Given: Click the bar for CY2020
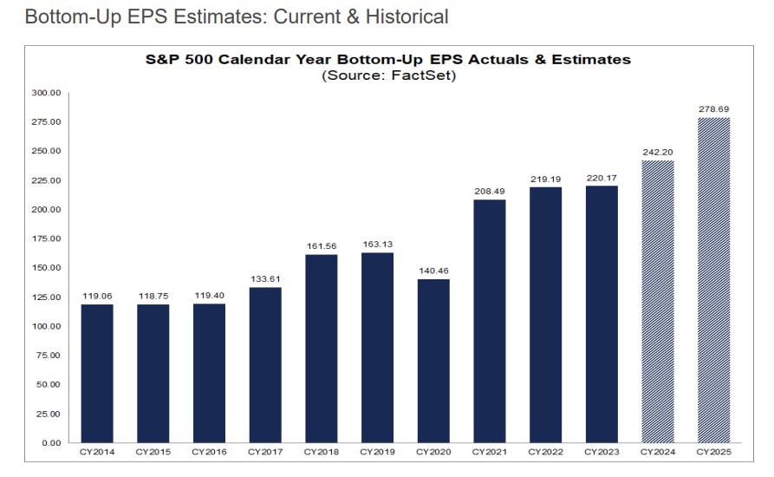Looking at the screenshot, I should [x=433, y=360].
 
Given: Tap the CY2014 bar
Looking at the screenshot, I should [x=97, y=373].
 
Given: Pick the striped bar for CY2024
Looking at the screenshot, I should [x=658, y=301].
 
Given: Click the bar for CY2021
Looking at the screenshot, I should [x=489, y=321].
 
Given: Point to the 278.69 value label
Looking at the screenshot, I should [x=713, y=109].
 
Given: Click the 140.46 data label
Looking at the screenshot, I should [x=433, y=271].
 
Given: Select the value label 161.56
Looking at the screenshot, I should [x=321, y=245].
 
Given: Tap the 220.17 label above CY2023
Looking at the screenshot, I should [x=602, y=177].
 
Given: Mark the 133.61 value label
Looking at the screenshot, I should [x=265, y=278].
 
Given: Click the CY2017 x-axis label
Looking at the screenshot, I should [x=265, y=452].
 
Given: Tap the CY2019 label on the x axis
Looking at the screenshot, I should [x=377, y=452].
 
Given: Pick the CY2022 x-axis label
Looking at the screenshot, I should [x=545, y=452].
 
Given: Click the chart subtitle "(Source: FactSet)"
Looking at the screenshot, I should [x=387, y=75].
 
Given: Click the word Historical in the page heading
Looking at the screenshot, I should [x=406, y=16].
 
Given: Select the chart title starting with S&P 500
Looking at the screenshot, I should [x=387, y=60].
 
